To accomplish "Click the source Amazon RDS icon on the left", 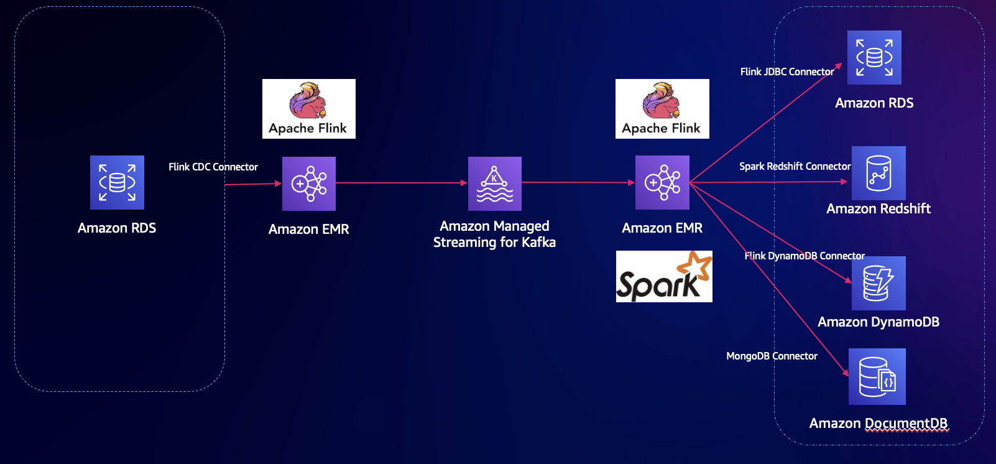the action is (117, 182).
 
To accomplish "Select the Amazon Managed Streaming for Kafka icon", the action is (495, 183).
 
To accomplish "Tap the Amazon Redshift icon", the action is (878, 173).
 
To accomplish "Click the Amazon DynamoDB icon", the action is (878, 283).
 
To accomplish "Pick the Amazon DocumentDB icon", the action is (877, 376).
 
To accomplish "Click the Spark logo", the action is (664, 276).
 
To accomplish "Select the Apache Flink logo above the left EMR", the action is (309, 109).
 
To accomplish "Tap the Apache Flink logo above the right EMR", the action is (662, 109).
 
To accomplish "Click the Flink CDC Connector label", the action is (213, 167).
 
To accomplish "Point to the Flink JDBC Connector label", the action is (787, 72).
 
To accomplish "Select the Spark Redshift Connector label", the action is (795, 167).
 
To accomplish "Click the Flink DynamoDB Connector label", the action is (805, 256).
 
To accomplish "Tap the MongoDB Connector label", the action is (772, 356).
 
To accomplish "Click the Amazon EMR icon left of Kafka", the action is (309, 183).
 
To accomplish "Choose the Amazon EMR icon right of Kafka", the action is (662, 182).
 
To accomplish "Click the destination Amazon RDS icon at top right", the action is (874, 57).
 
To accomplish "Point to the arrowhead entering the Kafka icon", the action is (464, 182).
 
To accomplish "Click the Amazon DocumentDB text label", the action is (878, 423).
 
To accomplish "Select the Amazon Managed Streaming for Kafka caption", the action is (494, 234).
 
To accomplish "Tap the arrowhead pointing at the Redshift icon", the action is (844, 182).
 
